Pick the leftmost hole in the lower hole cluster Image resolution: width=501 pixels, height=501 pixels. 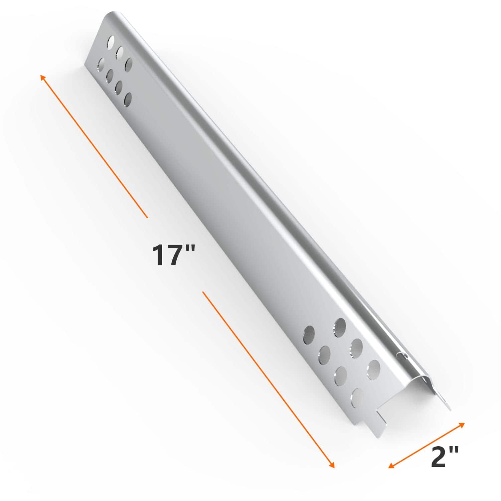(x=309, y=334)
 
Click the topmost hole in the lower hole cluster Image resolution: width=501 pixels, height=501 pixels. (x=340, y=327)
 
